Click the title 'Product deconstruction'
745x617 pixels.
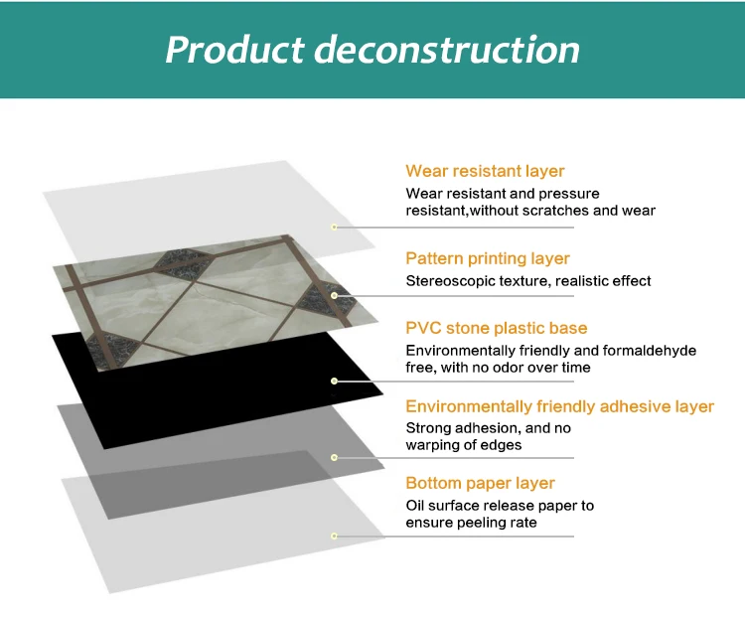pyautogui.click(x=372, y=49)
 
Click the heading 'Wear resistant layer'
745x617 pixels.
pyautogui.click(x=485, y=171)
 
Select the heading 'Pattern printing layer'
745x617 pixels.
pyautogui.click(x=488, y=258)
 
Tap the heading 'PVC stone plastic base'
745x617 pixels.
pyautogui.click(x=497, y=328)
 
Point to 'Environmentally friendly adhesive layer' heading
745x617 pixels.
pyautogui.click(x=560, y=406)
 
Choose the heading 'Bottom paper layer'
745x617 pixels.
pyautogui.click(x=480, y=483)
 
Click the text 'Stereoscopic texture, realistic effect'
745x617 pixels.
pyautogui.click(x=528, y=281)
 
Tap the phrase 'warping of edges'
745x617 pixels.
pyautogui.click(x=464, y=444)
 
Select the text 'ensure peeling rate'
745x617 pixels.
pyautogui.click(x=471, y=522)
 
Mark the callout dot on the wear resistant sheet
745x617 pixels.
pyautogui.click(x=335, y=227)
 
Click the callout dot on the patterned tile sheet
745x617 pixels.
pyautogui.click(x=335, y=295)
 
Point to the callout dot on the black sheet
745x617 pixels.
pyautogui.click(x=335, y=381)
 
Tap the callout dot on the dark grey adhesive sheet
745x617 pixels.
pyautogui.click(x=335, y=457)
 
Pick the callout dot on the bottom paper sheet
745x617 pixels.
pyautogui.click(x=335, y=536)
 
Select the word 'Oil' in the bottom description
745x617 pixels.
pyautogui.click(x=416, y=506)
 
